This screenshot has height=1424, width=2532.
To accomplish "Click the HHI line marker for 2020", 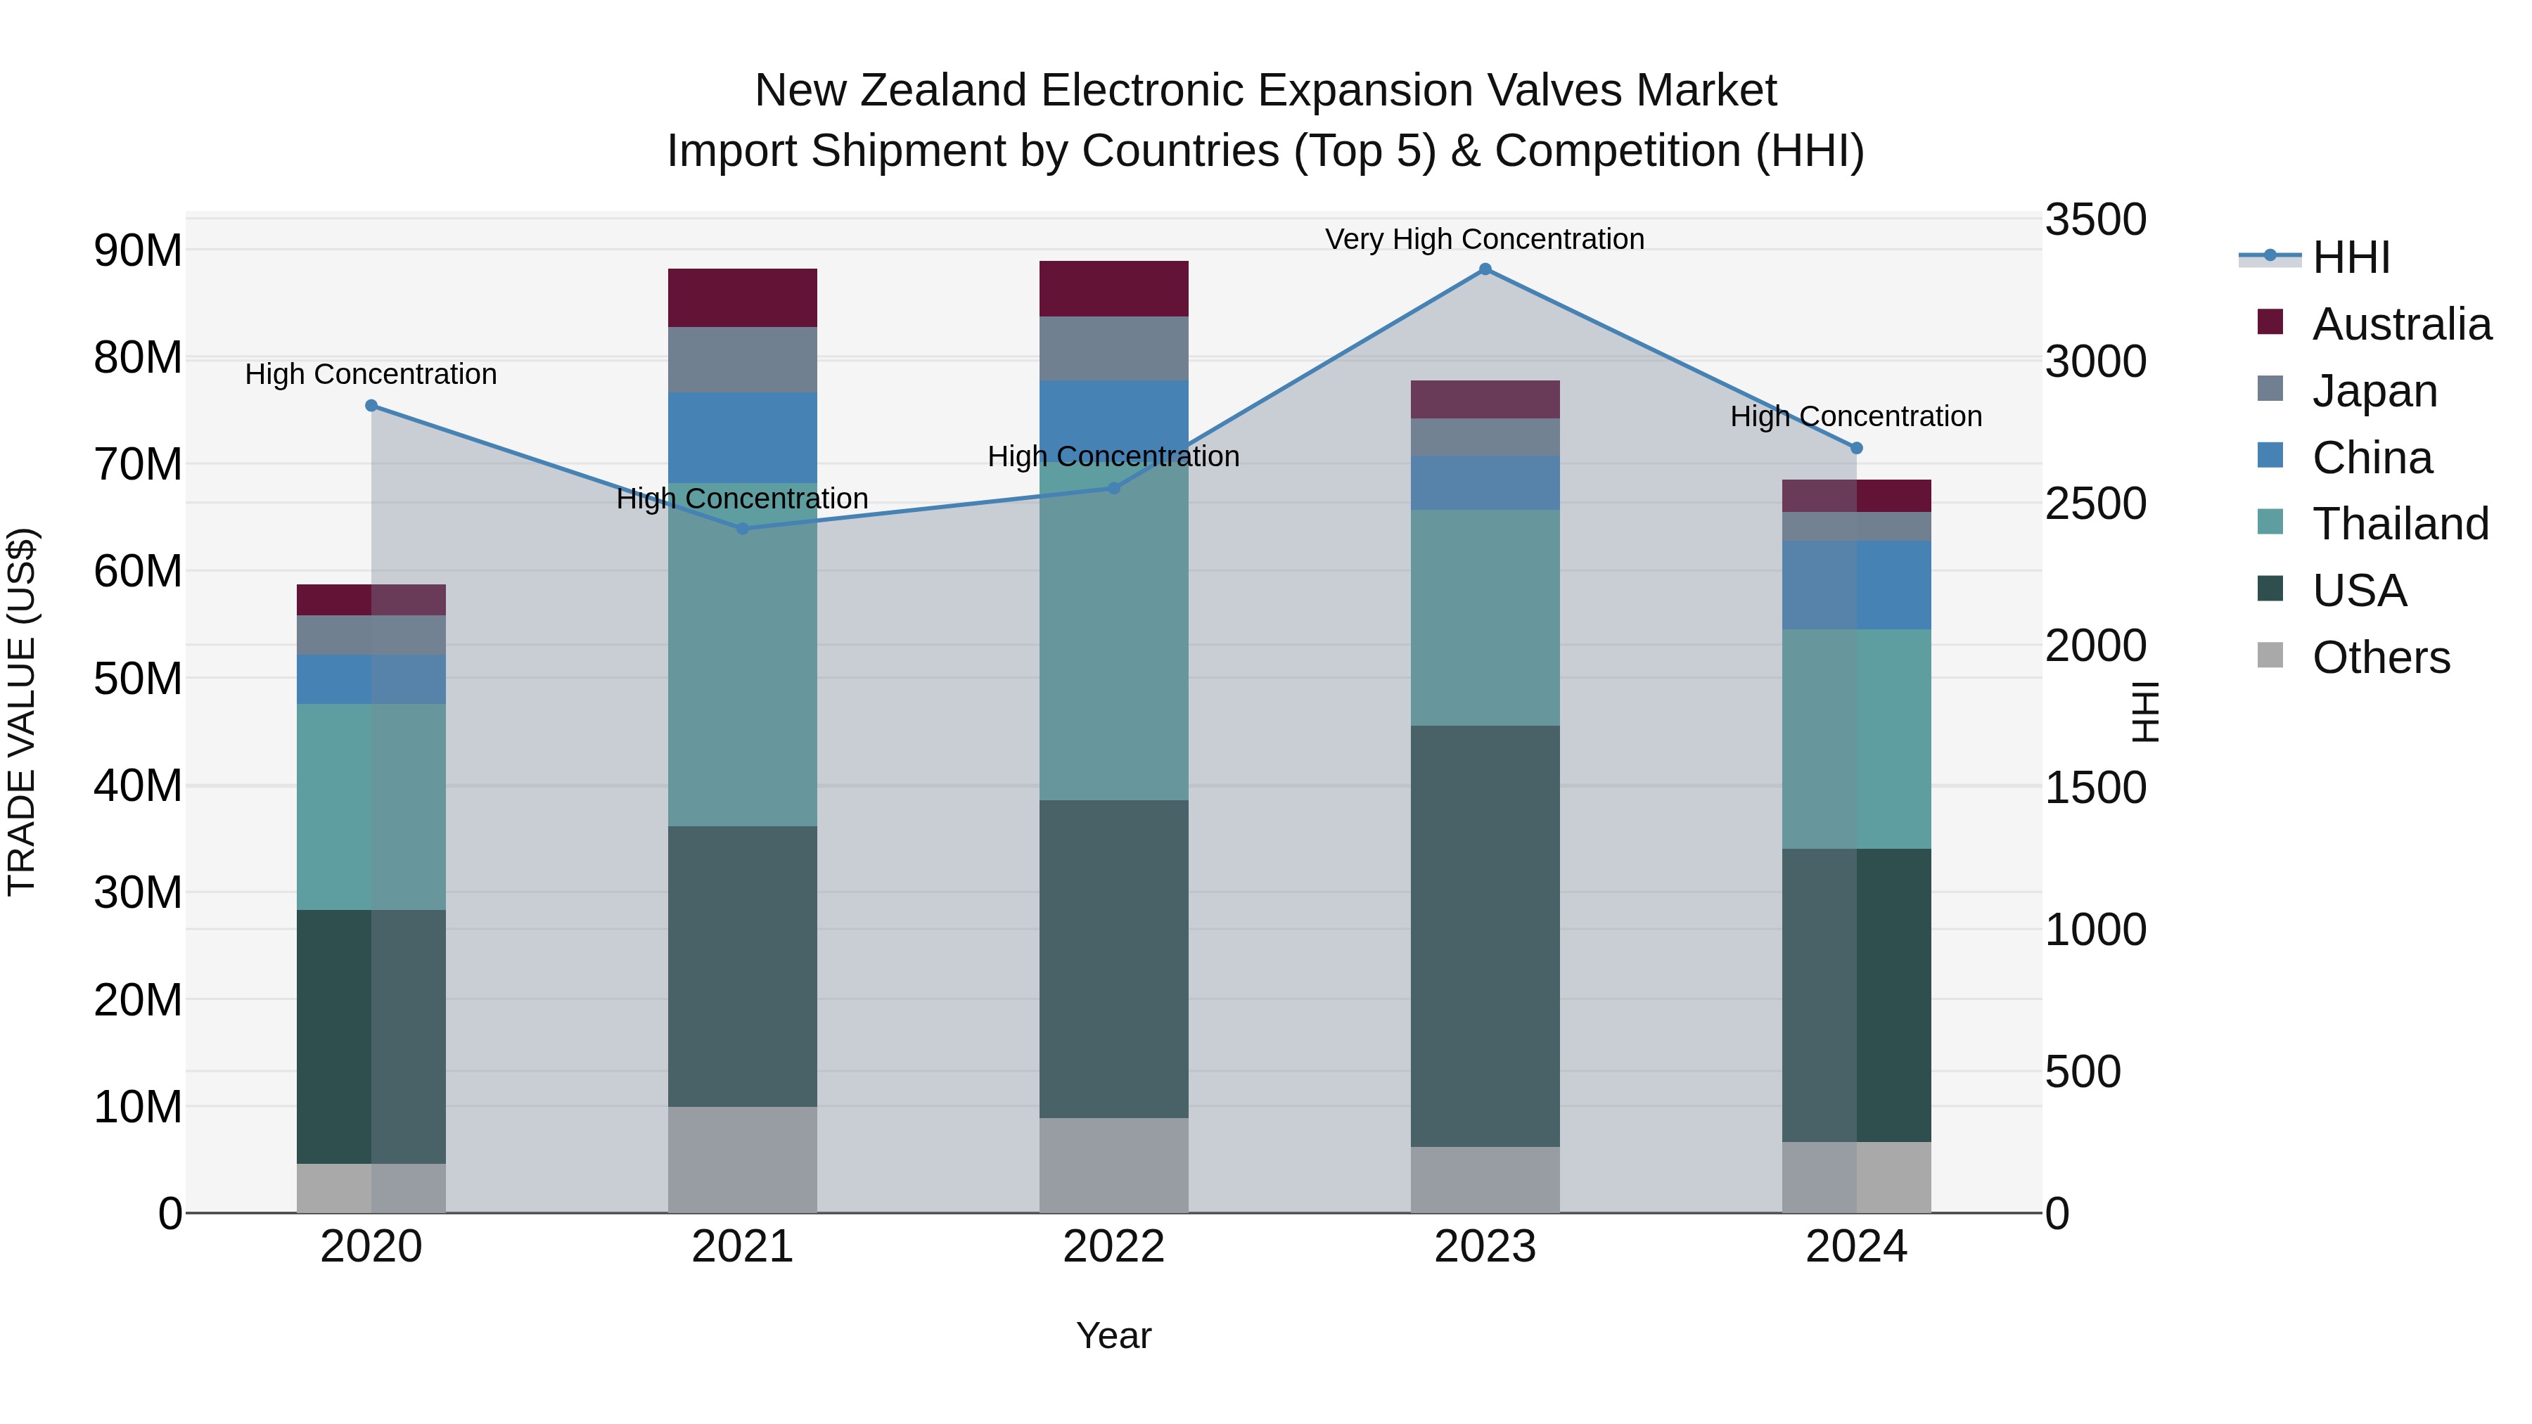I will [x=371, y=406].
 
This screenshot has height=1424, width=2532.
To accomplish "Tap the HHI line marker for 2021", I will [x=742, y=529].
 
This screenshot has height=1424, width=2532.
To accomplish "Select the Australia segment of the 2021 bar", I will [x=742, y=297].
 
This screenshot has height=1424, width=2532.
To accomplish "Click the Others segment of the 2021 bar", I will [x=742, y=1160].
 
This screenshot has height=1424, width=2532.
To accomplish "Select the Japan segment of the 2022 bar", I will [x=1113, y=348].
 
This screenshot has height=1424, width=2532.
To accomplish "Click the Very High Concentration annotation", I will [x=1484, y=239].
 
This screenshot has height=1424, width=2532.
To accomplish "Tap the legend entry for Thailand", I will [x=2399, y=524].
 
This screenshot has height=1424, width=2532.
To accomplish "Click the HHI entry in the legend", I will [x=2350, y=257].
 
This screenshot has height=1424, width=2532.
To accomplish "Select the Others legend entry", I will [x=2379, y=658].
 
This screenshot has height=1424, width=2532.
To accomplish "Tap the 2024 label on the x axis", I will [x=1856, y=1247].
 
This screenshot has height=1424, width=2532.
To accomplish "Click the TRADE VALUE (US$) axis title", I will [x=22, y=712].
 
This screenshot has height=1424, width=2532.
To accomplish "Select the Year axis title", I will [x=1113, y=1335].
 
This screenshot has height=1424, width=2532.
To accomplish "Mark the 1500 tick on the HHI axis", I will [x=2096, y=788].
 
